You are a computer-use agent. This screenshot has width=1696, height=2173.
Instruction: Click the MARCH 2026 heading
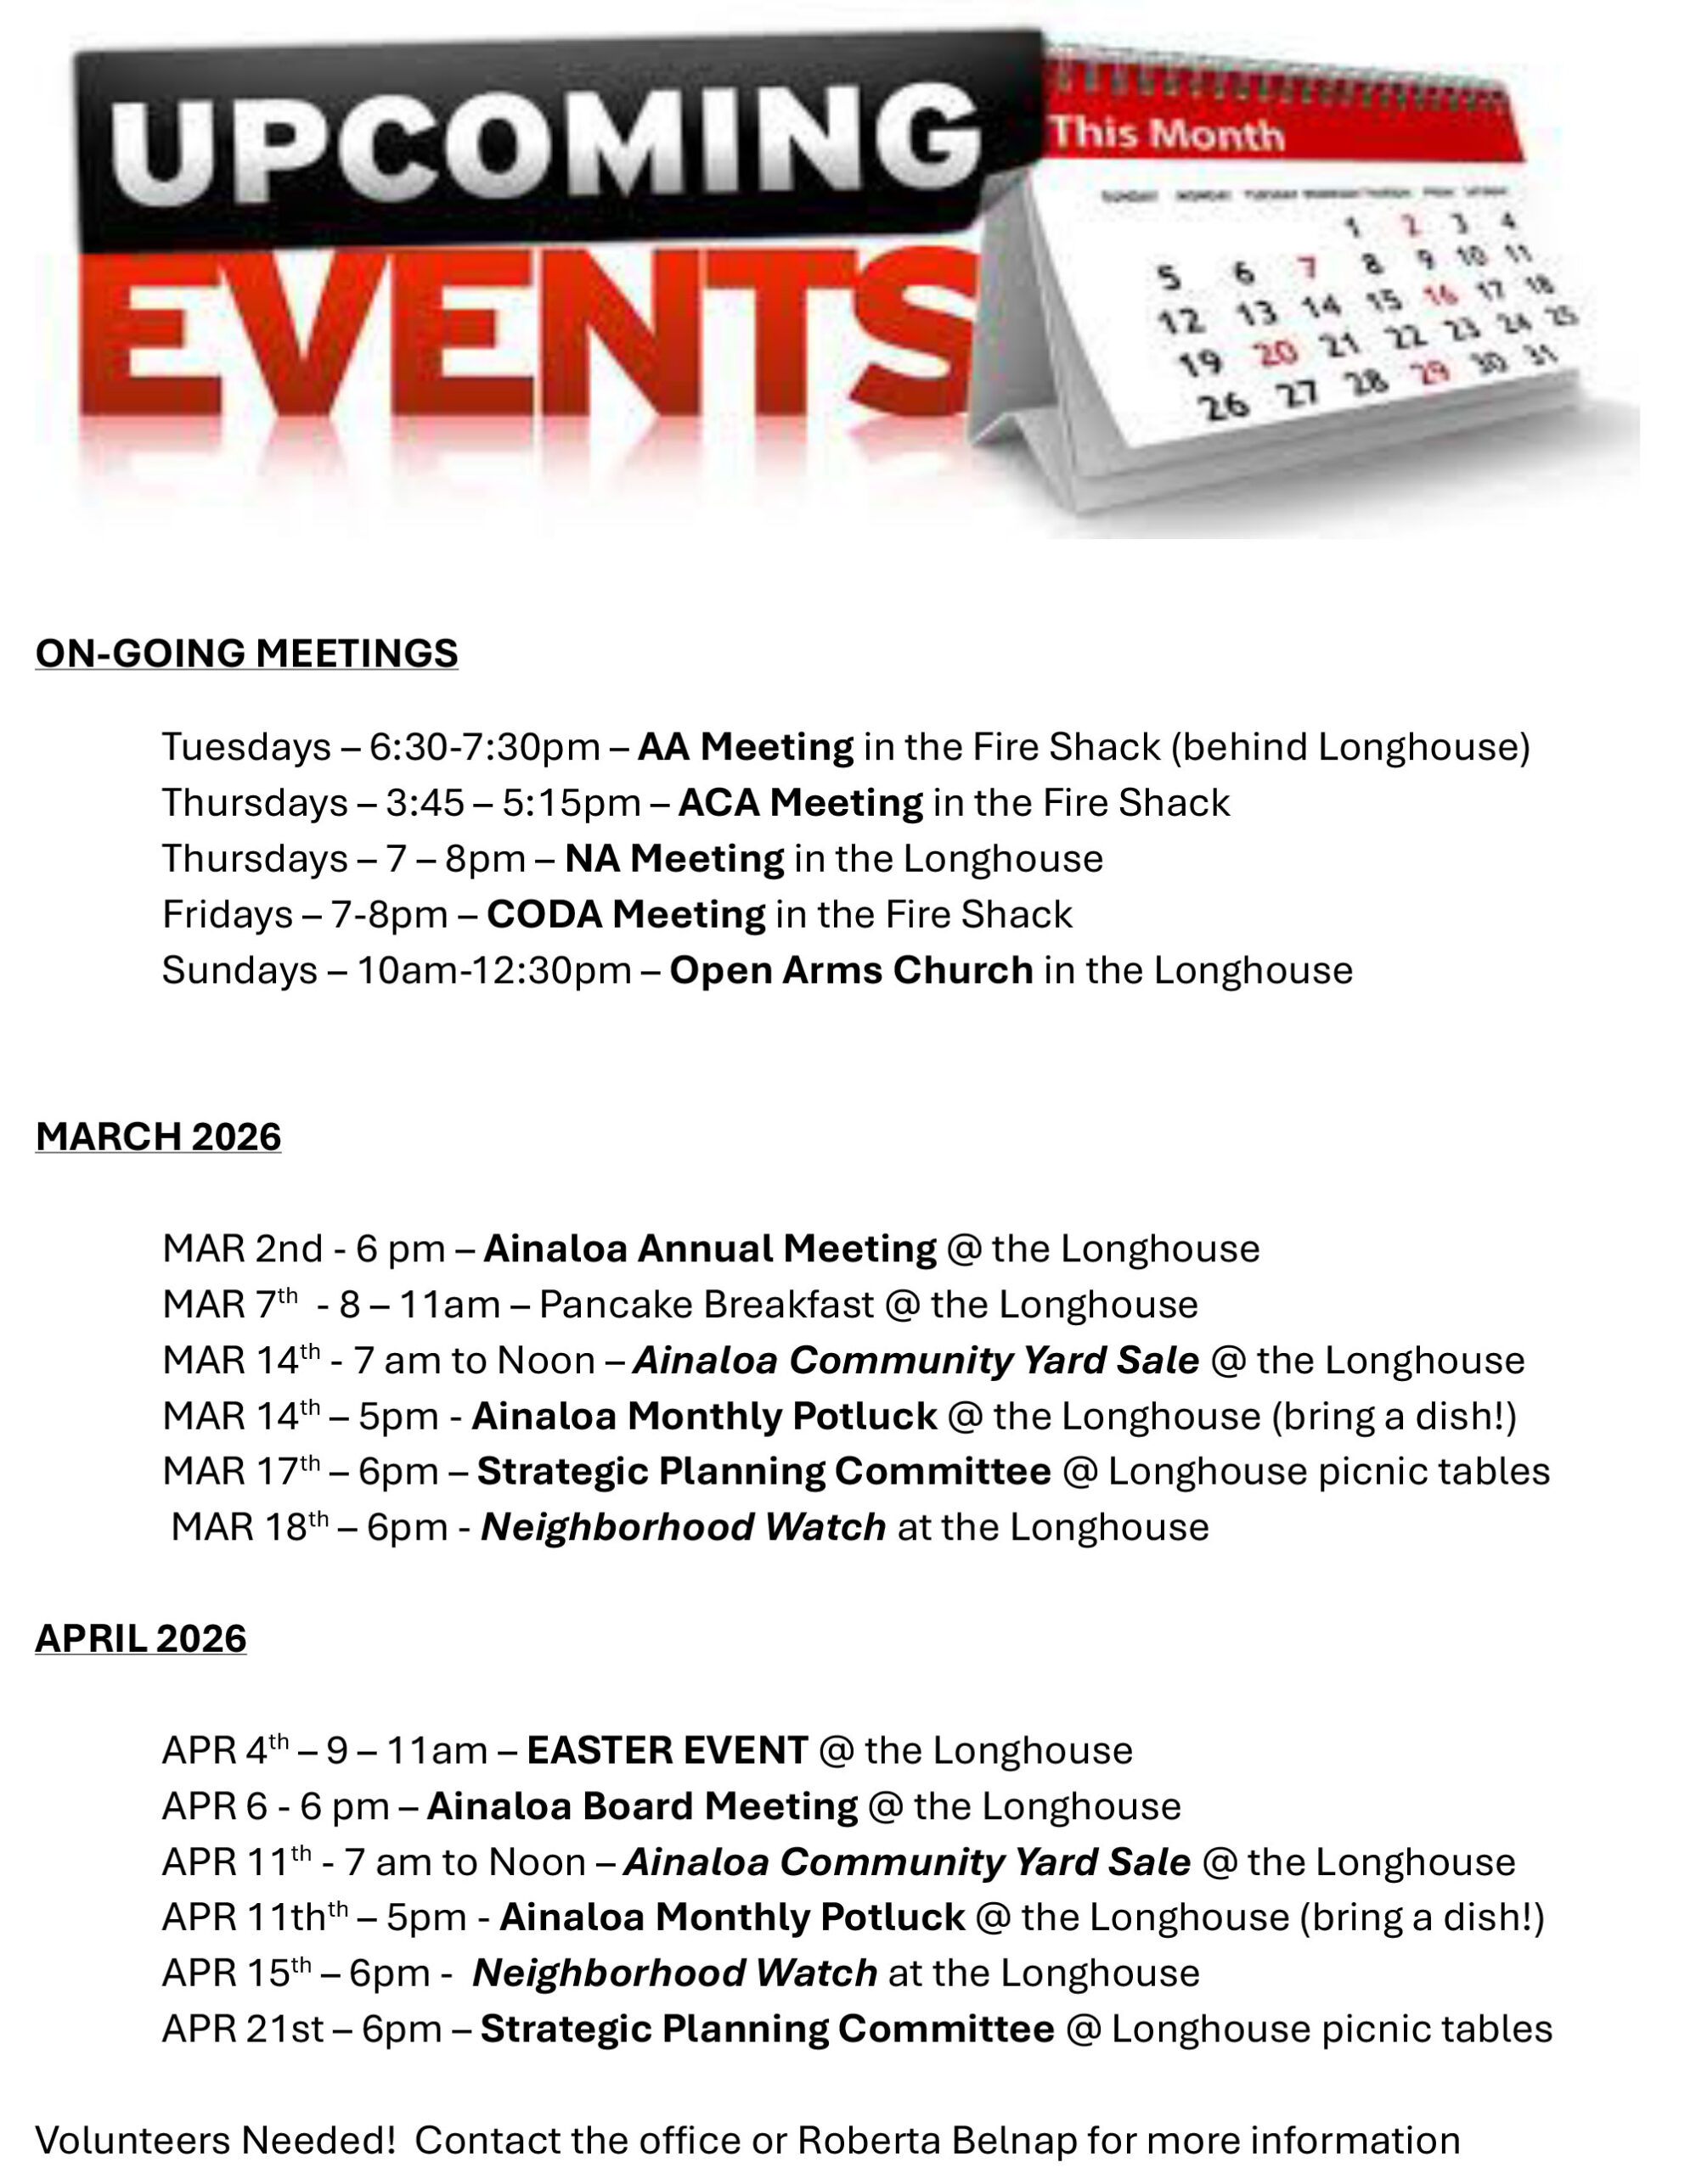point(158,1137)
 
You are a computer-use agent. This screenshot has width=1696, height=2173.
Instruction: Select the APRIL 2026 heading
point(140,1639)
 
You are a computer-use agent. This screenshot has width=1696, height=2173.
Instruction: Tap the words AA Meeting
point(745,747)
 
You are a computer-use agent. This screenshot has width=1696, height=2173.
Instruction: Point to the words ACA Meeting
point(800,803)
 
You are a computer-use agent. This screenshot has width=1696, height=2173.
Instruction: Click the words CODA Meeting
point(625,914)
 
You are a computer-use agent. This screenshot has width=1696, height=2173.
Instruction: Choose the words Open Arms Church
point(851,970)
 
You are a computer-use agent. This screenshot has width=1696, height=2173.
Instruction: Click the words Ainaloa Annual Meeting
point(710,1249)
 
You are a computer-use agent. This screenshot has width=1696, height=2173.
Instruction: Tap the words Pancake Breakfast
point(706,1305)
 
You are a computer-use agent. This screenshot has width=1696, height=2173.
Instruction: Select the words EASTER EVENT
point(667,1750)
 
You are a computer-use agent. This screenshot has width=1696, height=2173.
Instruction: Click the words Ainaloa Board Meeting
point(642,1805)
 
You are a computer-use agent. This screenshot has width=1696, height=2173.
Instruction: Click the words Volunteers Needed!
point(216,2139)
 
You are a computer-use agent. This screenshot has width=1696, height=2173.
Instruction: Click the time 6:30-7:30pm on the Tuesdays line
point(485,747)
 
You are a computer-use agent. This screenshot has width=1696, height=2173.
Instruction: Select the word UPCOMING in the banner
point(543,144)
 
